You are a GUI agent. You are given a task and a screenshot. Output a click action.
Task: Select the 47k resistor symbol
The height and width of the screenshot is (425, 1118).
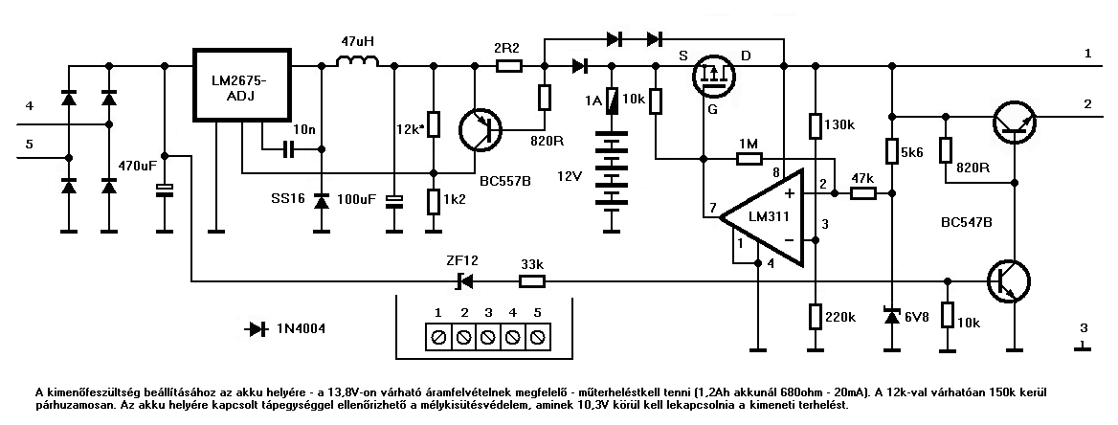[x=862, y=193]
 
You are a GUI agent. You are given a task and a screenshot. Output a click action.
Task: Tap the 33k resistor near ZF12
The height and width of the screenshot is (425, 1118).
[x=531, y=281]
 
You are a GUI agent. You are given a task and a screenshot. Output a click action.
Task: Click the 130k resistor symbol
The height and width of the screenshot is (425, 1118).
[x=814, y=125]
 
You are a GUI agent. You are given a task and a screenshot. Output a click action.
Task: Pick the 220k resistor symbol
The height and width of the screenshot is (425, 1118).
[x=814, y=316]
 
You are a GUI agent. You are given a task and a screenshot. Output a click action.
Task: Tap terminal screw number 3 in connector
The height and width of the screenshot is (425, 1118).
[x=488, y=337]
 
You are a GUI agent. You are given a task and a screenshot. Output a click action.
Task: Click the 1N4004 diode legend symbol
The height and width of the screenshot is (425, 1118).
[x=256, y=329]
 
